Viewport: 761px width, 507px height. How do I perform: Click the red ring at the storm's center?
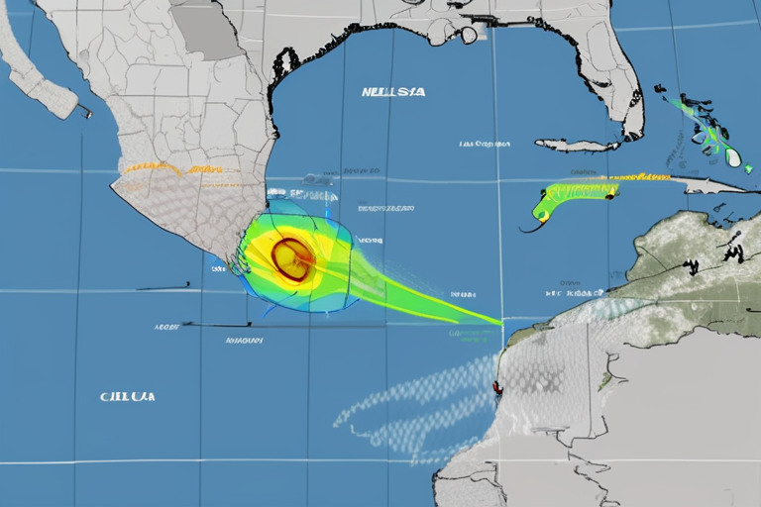(x=291, y=256)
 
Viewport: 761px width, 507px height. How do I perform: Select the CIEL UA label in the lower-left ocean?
(x=127, y=396)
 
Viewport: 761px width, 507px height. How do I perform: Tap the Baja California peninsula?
(x=40, y=69)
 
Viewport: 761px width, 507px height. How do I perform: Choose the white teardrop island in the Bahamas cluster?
(x=732, y=155)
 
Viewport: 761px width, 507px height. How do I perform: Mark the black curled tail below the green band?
(x=535, y=227)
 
